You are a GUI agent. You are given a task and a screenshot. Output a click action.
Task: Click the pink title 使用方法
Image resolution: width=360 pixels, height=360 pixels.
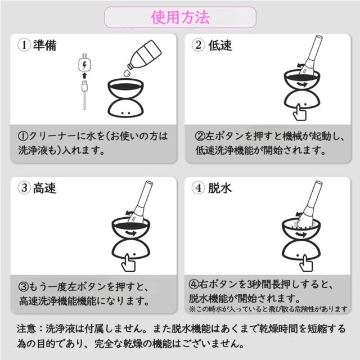click(180, 17)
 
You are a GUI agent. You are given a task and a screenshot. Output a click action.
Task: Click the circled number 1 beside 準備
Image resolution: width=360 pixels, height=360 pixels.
click(24, 45)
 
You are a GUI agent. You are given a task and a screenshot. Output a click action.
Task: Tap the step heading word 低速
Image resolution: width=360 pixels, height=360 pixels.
click(220, 45)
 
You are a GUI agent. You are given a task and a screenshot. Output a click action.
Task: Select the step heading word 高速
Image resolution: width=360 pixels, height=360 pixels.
click(45, 188)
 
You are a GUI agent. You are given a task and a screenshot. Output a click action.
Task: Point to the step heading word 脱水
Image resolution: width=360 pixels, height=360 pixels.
click(220, 188)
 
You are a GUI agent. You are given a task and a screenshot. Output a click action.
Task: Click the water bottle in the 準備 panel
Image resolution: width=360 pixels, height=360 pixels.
click(145, 55)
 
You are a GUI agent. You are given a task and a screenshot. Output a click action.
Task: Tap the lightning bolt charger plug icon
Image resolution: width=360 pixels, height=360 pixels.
click(84, 64)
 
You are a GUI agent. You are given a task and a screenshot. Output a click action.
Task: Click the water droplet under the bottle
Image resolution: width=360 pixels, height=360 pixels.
click(127, 73)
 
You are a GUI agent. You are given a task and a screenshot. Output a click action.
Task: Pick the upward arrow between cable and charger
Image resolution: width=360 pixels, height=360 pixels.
click(84, 75)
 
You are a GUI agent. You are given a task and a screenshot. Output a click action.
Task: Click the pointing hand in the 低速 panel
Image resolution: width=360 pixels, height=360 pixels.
click(300, 112)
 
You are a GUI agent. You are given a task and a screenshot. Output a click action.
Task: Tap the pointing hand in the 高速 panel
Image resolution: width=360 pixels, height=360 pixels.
click(128, 263)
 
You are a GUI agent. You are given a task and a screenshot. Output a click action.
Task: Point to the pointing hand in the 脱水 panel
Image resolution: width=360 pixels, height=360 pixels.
click(306, 263)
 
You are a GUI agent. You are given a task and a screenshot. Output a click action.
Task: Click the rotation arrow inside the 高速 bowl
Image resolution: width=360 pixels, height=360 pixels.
click(131, 233)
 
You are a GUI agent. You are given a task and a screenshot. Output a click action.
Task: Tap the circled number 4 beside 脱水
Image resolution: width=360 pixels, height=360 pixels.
click(199, 188)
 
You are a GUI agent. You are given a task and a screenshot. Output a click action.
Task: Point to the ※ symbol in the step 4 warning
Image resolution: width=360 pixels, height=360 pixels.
click(192, 309)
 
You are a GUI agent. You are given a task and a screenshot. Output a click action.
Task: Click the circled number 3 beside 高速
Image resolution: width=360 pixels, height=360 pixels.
click(24, 188)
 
